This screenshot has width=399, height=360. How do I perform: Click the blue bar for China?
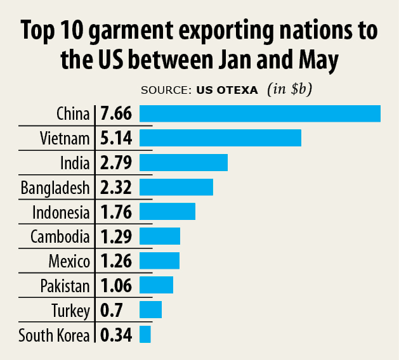pyautogui.click(x=259, y=113)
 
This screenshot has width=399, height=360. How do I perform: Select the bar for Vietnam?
pyautogui.click(x=220, y=138)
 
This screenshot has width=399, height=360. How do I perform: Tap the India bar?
pyautogui.click(x=183, y=162)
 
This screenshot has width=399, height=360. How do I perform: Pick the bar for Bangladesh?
pyautogui.click(x=176, y=187)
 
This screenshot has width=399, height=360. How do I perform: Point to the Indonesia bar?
pyautogui.click(x=167, y=211)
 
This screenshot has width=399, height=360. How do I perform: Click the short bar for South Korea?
pyautogui.click(x=145, y=334)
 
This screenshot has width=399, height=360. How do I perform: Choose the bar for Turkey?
pyautogui.click(x=151, y=310)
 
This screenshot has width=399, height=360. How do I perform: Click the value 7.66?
pyautogui.click(x=115, y=114)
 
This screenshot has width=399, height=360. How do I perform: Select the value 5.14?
pyautogui.click(x=115, y=138)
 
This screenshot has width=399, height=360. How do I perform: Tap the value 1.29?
pyautogui.click(x=115, y=236)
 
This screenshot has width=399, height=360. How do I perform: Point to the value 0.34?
pyautogui.click(x=115, y=335)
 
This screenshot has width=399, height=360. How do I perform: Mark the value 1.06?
pyautogui.click(x=115, y=285)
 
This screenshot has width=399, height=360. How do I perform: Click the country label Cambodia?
pyautogui.click(x=60, y=236)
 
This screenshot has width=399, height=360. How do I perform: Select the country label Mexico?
pyautogui.click(x=69, y=260)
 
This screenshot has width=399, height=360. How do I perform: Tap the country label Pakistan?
pyautogui.click(x=65, y=285)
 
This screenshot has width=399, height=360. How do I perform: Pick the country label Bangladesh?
pyautogui.click(x=55, y=188)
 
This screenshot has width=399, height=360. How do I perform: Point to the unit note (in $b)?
pyautogui.click(x=289, y=89)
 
